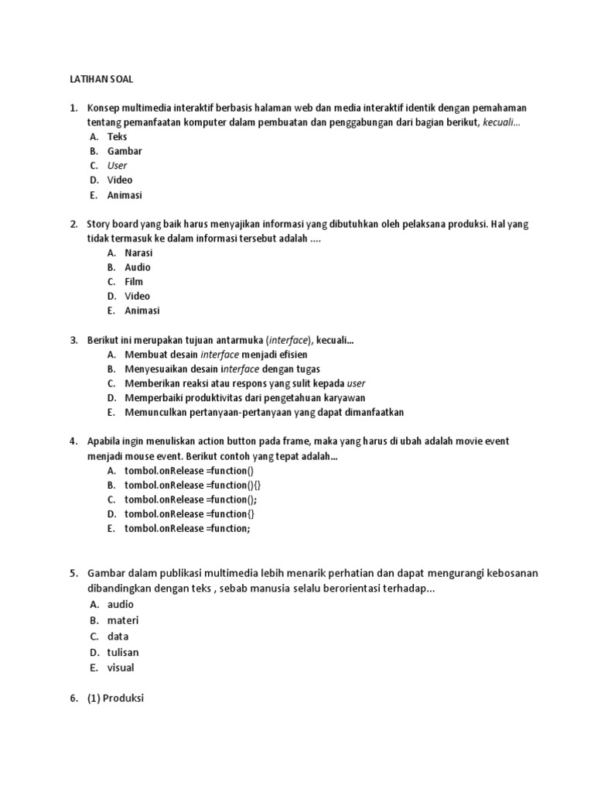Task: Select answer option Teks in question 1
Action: pyautogui.click(x=117, y=136)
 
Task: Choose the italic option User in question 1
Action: pyautogui.click(x=117, y=166)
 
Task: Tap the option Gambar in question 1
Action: pyautogui.click(x=125, y=151)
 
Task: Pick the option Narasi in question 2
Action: pyautogui.click(x=138, y=252)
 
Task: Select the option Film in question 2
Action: pyautogui.click(x=134, y=282)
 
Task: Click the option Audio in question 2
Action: pyautogui.click(x=138, y=267)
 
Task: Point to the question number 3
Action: pyautogui.click(x=73, y=340)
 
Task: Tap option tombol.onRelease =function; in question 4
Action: pyautogui.click(x=188, y=528)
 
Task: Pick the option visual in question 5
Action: pyautogui.click(x=121, y=668)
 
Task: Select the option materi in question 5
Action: pyautogui.click(x=123, y=620)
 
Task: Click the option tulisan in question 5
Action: pyautogui.click(x=123, y=652)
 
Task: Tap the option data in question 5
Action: pyautogui.click(x=118, y=637)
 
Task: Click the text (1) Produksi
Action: pyautogui.click(x=115, y=698)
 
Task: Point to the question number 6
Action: pyautogui.click(x=73, y=698)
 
